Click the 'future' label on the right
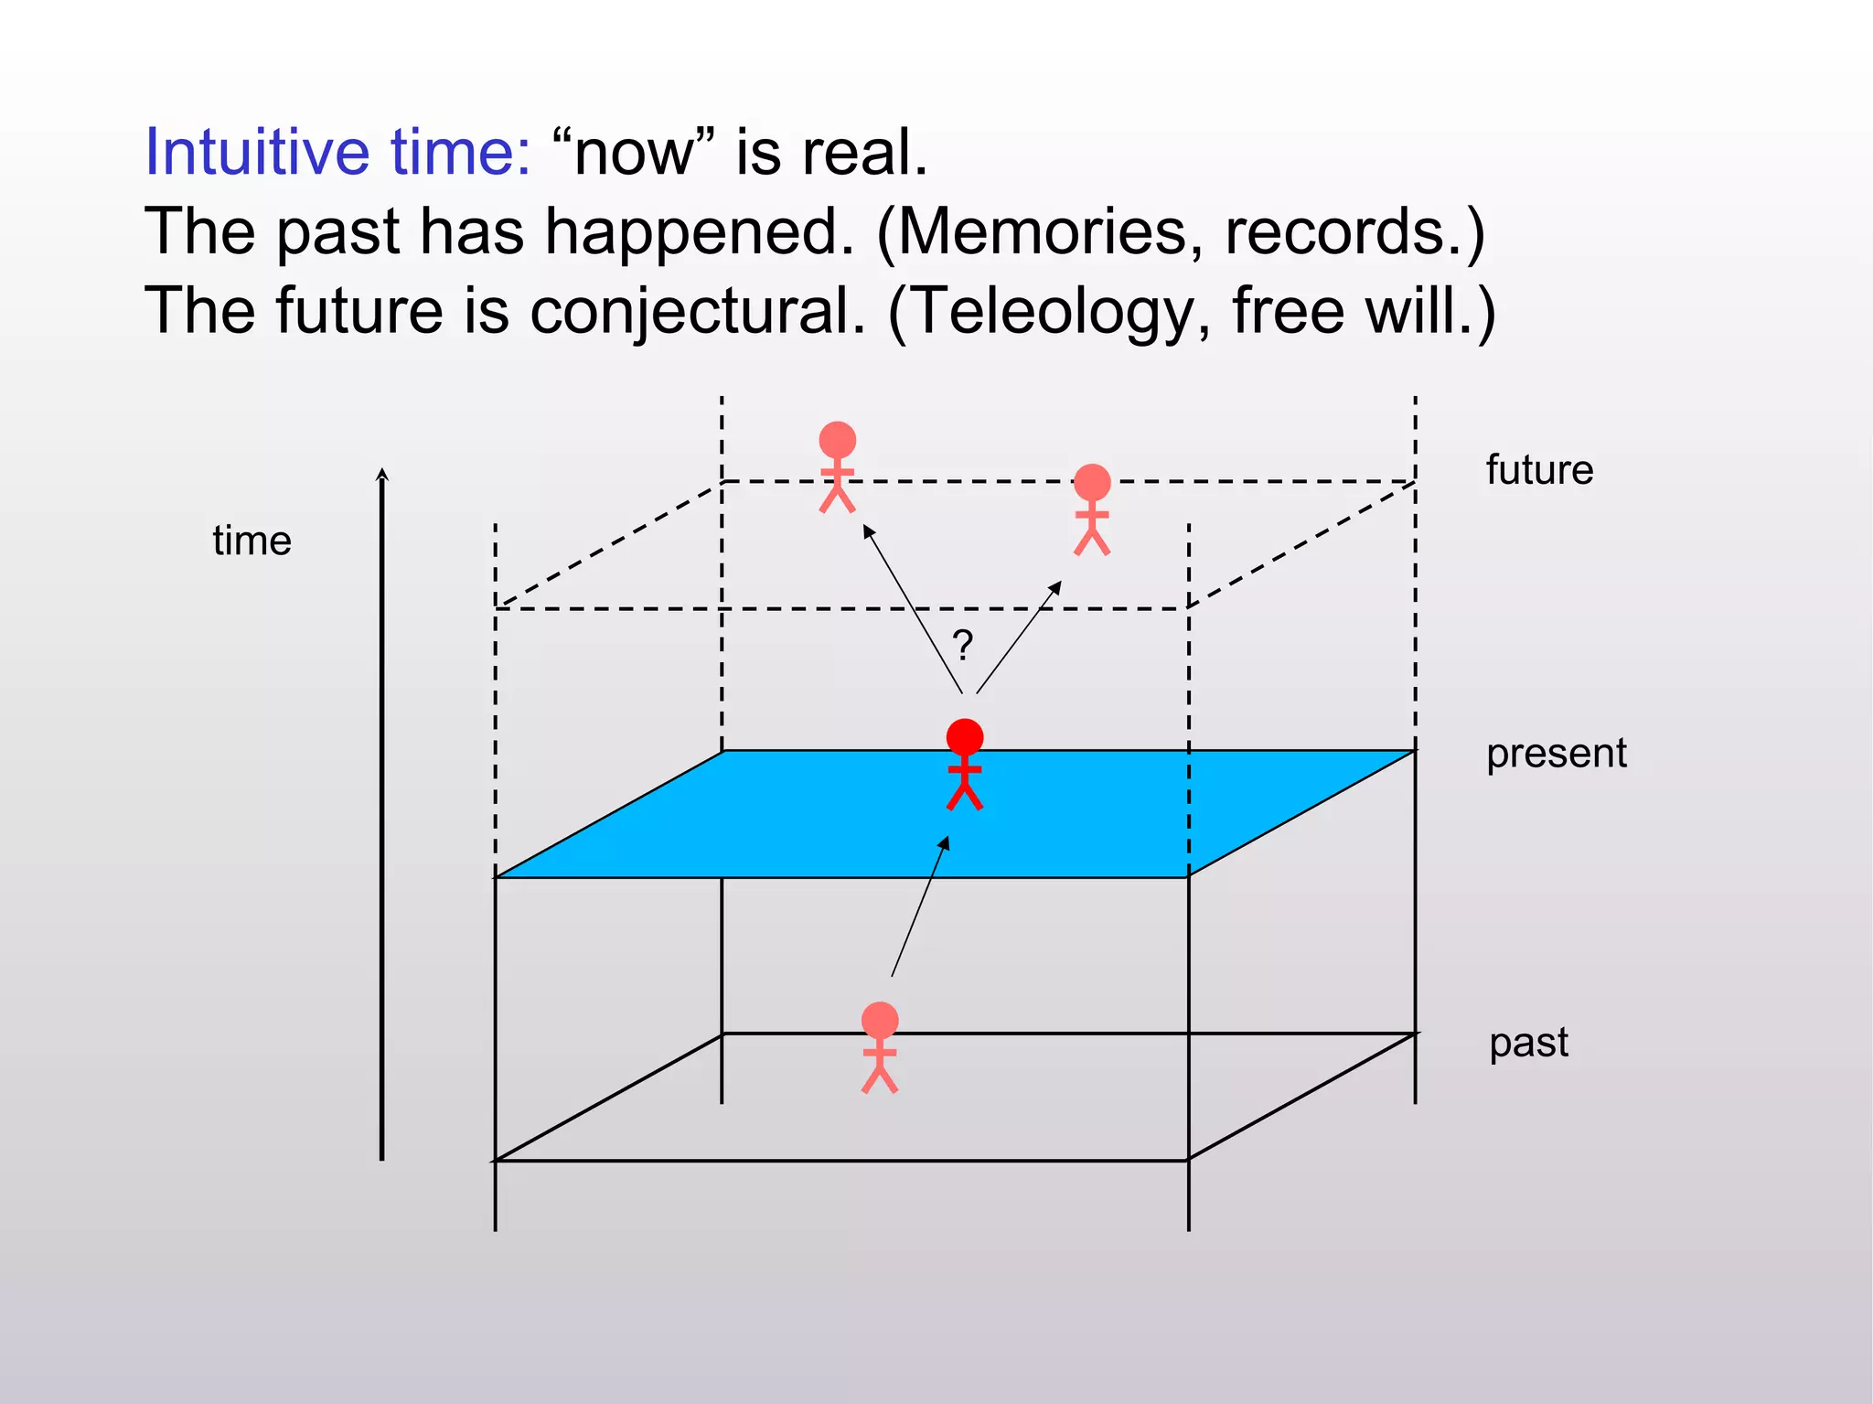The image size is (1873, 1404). tap(1539, 470)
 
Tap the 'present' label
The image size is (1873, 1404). tap(1556, 754)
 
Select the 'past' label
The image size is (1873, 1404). tap(1528, 1043)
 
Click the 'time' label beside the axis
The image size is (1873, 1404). tap(252, 541)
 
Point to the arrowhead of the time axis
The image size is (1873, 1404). tap(382, 475)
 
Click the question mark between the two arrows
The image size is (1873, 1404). tap(962, 646)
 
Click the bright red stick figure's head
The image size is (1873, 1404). tap(965, 736)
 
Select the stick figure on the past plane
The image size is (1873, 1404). tap(880, 1047)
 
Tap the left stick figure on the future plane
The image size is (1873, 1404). tap(837, 466)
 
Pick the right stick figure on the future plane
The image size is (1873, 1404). tap(1092, 509)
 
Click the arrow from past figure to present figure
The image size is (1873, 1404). tap(920, 907)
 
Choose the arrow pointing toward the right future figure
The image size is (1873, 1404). tap(1018, 638)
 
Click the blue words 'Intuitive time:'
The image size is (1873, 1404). tap(337, 152)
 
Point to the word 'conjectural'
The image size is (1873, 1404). tap(697, 312)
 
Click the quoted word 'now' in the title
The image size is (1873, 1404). tap(634, 154)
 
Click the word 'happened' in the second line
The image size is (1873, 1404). tap(700, 231)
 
